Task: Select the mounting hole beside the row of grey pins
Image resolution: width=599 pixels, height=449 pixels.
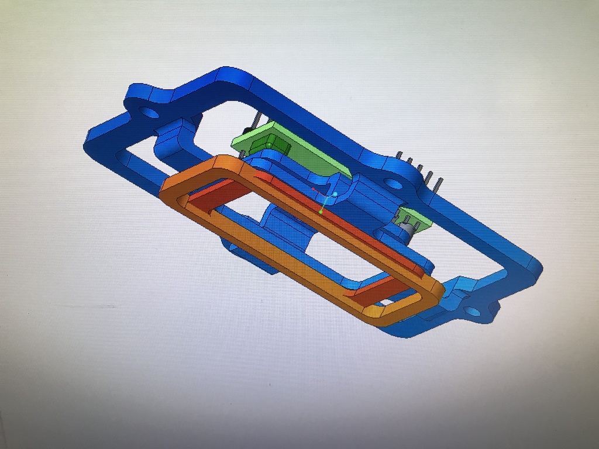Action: pyautogui.click(x=393, y=184)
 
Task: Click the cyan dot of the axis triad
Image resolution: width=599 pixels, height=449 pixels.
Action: pyautogui.click(x=335, y=194)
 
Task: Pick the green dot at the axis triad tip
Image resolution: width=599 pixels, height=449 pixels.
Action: pyautogui.click(x=321, y=211)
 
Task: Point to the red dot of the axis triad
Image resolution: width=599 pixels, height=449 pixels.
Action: pyautogui.click(x=314, y=189)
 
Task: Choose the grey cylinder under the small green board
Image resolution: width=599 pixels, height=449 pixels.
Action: pyautogui.click(x=408, y=230)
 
